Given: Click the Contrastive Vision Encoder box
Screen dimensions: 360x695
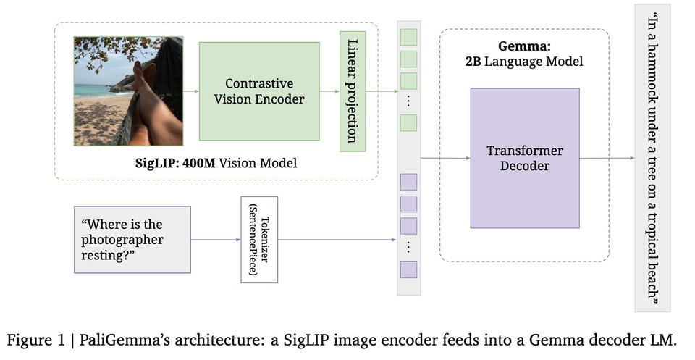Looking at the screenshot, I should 259,91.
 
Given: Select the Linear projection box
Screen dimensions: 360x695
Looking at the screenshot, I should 353,91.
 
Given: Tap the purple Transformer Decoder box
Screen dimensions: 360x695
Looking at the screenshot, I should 524,158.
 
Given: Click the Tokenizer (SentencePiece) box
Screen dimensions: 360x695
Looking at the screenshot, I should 259,239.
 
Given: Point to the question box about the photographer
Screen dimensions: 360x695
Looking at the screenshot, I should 132,239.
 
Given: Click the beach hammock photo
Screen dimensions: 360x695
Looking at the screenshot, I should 128,91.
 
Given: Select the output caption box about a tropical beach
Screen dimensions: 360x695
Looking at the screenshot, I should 652,158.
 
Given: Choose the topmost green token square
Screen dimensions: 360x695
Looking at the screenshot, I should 408,35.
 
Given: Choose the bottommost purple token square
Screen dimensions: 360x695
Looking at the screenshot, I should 408,269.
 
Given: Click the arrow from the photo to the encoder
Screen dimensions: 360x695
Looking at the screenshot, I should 191,91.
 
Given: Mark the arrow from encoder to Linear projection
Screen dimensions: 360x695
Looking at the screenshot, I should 329,91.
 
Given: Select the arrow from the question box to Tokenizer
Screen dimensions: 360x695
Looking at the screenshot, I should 215,239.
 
